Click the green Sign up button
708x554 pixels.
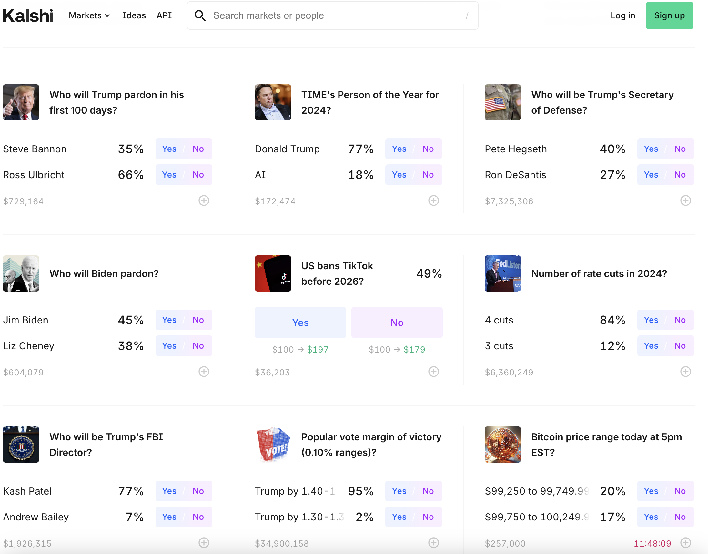pyautogui.click(x=669, y=15)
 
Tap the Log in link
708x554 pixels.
pyautogui.click(x=622, y=15)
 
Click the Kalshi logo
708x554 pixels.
pyautogui.click(x=28, y=15)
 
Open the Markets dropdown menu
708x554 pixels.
pyautogui.click(x=89, y=15)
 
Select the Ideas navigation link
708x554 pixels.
pyautogui.click(x=134, y=15)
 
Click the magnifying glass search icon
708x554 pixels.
pyautogui.click(x=200, y=15)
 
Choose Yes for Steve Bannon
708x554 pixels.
pyautogui.click(x=169, y=149)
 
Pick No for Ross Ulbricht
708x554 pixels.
pyautogui.click(x=198, y=175)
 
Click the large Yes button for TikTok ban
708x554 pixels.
pyautogui.click(x=300, y=323)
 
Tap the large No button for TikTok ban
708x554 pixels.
pyautogui.click(x=397, y=323)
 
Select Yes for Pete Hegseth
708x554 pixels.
pyautogui.click(x=651, y=149)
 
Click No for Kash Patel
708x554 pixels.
pyautogui.click(x=198, y=491)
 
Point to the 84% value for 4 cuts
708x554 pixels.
pyautogui.click(x=612, y=320)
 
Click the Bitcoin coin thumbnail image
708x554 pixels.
pyautogui.click(x=502, y=444)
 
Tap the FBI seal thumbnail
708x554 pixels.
pyautogui.click(x=21, y=444)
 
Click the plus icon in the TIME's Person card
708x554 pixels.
pyautogui.click(x=433, y=201)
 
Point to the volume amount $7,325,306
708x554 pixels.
pyautogui.click(x=509, y=201)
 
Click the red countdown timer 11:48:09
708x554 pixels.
pyautogui.click(x=652, y=543)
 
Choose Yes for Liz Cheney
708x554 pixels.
pyautogui.click(x=169, y=346)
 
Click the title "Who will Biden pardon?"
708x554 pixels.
pyautogui.click(x=104, y=273)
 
